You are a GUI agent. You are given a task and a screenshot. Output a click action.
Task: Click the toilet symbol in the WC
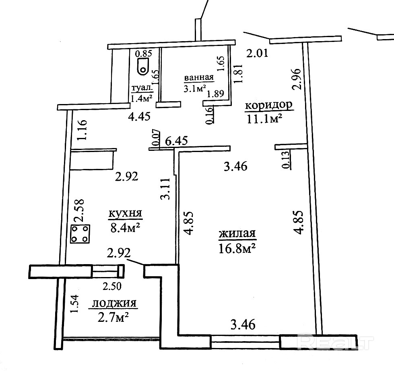tap(142, 66)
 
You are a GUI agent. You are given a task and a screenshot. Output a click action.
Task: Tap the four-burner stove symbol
tap(80, 234)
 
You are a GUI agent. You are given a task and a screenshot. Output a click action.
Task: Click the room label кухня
tap(126, 213)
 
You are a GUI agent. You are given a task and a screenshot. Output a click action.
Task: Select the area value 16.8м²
tap(237, 248)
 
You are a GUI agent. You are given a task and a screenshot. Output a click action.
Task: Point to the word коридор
tap(268, 106)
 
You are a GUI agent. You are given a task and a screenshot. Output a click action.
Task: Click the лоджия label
tap(114, 303)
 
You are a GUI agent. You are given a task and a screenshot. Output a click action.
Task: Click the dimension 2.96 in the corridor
tap(296, 80)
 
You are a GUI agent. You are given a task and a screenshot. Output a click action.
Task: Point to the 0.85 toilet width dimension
tap(143, 53)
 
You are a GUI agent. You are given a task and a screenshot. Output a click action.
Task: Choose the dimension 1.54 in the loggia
tap(74, 305)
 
